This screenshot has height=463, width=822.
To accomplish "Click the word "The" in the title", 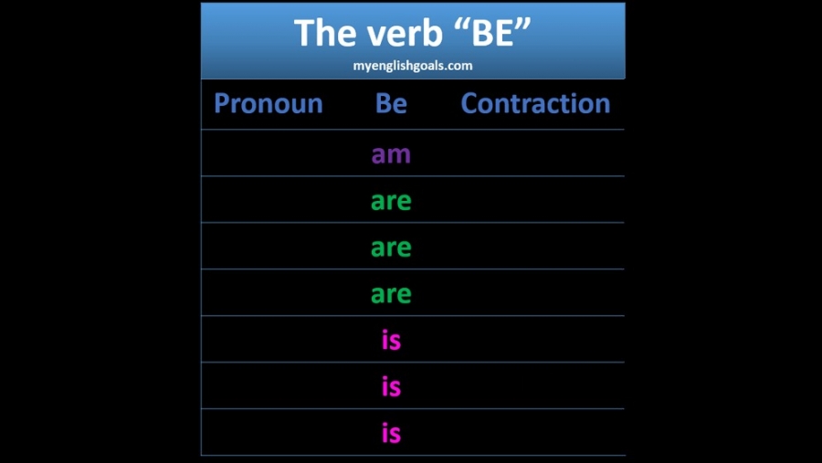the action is (x=325, y=33).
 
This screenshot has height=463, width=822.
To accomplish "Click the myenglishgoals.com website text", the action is (x=413, y=66).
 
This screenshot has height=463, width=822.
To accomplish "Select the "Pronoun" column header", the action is (x=269, y=103).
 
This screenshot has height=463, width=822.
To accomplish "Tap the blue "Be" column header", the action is (x=391, y=103).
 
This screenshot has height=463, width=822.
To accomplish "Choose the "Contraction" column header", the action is (x=535, y=103).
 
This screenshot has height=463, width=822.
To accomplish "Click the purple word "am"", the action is (x=391, y=154).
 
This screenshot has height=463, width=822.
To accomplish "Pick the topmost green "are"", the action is (x=391, y=201).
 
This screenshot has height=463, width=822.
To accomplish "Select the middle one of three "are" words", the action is (x=391, y=247).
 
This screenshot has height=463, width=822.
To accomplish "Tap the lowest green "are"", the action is (x=391, y=294).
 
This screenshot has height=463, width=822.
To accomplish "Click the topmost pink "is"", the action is (x=391, y=339).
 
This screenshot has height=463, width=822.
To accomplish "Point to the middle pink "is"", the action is (x=391, y=385).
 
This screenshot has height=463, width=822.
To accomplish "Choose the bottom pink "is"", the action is (x=391, y=432).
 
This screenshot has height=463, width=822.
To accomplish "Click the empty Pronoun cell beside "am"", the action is (x=269, y=153).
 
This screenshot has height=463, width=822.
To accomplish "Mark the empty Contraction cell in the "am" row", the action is (x=535, y=153).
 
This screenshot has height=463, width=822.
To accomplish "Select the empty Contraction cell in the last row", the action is (x=535, y=432).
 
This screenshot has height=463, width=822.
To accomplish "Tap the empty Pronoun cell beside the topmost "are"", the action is (x=269, y=199).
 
